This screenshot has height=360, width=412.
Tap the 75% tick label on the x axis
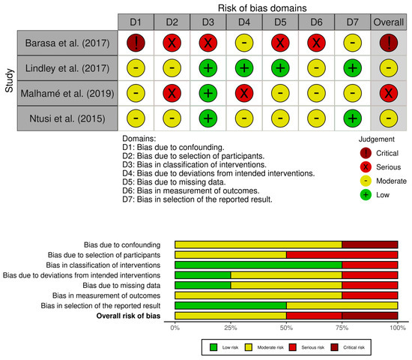tap(342, 328)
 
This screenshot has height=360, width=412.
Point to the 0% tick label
tap(175, 328)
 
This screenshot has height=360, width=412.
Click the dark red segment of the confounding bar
tap(369, 244)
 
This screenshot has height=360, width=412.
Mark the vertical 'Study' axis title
tap(9, 81)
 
